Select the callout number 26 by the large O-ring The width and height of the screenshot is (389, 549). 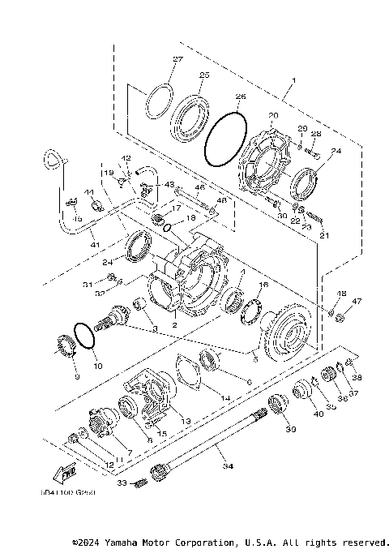pyautogui.click(x=239, y=97)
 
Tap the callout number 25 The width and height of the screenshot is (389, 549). pyautogui.click(x=204, y=75)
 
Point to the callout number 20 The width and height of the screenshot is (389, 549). pyautogui.click(x=273, y=115)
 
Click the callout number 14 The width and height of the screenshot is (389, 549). pyautogui.click(x=226, y=400)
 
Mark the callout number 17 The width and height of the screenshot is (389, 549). pyautogui.click(x=176, y=208)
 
